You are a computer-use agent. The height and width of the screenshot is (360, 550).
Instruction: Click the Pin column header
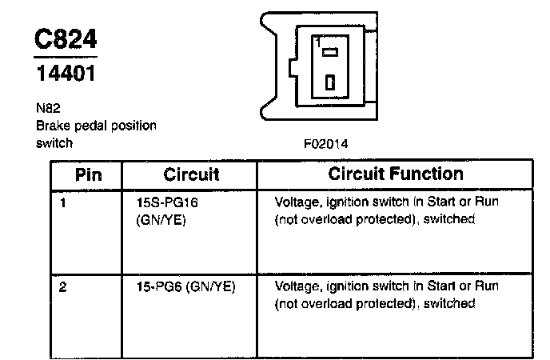point(88,174)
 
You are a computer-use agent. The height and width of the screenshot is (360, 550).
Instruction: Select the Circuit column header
point(190,174)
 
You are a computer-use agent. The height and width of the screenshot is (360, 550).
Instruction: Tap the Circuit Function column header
point(396,174)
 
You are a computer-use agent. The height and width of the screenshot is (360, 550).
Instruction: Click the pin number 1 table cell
point(63,202)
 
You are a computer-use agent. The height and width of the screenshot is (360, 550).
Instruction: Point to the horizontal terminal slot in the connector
point(330,53)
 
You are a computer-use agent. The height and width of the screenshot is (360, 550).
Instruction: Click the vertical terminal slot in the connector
point(330,82)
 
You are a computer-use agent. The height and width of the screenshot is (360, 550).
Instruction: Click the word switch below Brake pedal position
point(54,144)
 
